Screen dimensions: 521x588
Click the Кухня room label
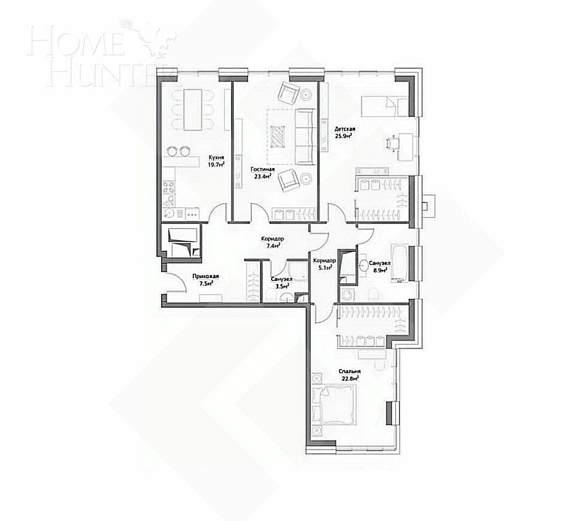(217, 158)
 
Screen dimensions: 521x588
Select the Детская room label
(345, 129)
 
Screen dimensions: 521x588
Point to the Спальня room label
(349, 371)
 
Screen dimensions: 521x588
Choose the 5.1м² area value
(325, 267)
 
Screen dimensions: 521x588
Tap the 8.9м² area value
(381, 270)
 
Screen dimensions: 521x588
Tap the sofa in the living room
(306, 136)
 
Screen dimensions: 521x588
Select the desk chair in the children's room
(392, 143)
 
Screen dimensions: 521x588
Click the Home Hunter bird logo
(158, 39)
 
